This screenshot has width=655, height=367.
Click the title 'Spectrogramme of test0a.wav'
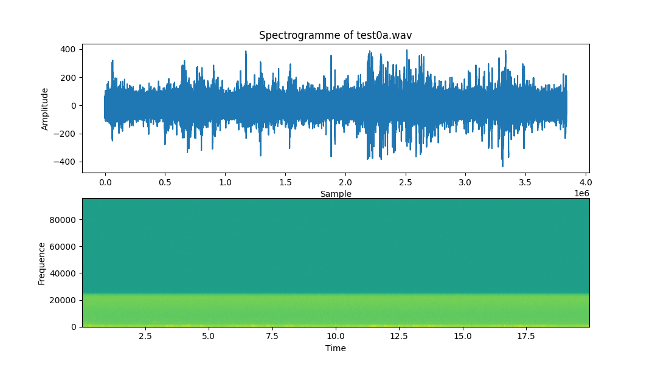[335, 35]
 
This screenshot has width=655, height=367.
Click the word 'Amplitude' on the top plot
[45, 109]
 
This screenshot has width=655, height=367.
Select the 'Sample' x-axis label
[335, 194]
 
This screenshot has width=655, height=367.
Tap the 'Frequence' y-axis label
[42, 263]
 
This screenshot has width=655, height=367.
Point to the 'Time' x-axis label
[335, 348]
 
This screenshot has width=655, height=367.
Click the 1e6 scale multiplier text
[581, 193]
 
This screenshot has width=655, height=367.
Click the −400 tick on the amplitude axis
[64, 162]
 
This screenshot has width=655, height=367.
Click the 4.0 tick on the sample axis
[585, 182]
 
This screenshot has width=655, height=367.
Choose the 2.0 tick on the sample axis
[345, 182]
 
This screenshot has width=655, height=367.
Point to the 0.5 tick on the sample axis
[165, 182]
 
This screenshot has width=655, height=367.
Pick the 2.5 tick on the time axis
[145, 336]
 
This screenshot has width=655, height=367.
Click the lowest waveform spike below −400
[502, 165]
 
